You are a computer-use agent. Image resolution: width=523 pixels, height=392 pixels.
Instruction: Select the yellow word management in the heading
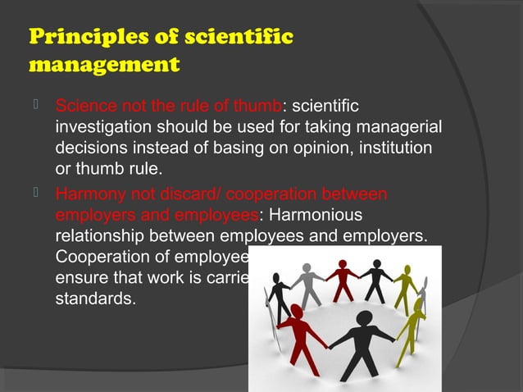pyautogui.click(x=103, y=64)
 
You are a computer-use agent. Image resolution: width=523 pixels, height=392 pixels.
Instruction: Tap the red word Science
pyautogui.click(x=84, y=106)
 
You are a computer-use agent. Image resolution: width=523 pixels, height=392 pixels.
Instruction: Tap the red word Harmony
pyautogui.click(x=86, y=195)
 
